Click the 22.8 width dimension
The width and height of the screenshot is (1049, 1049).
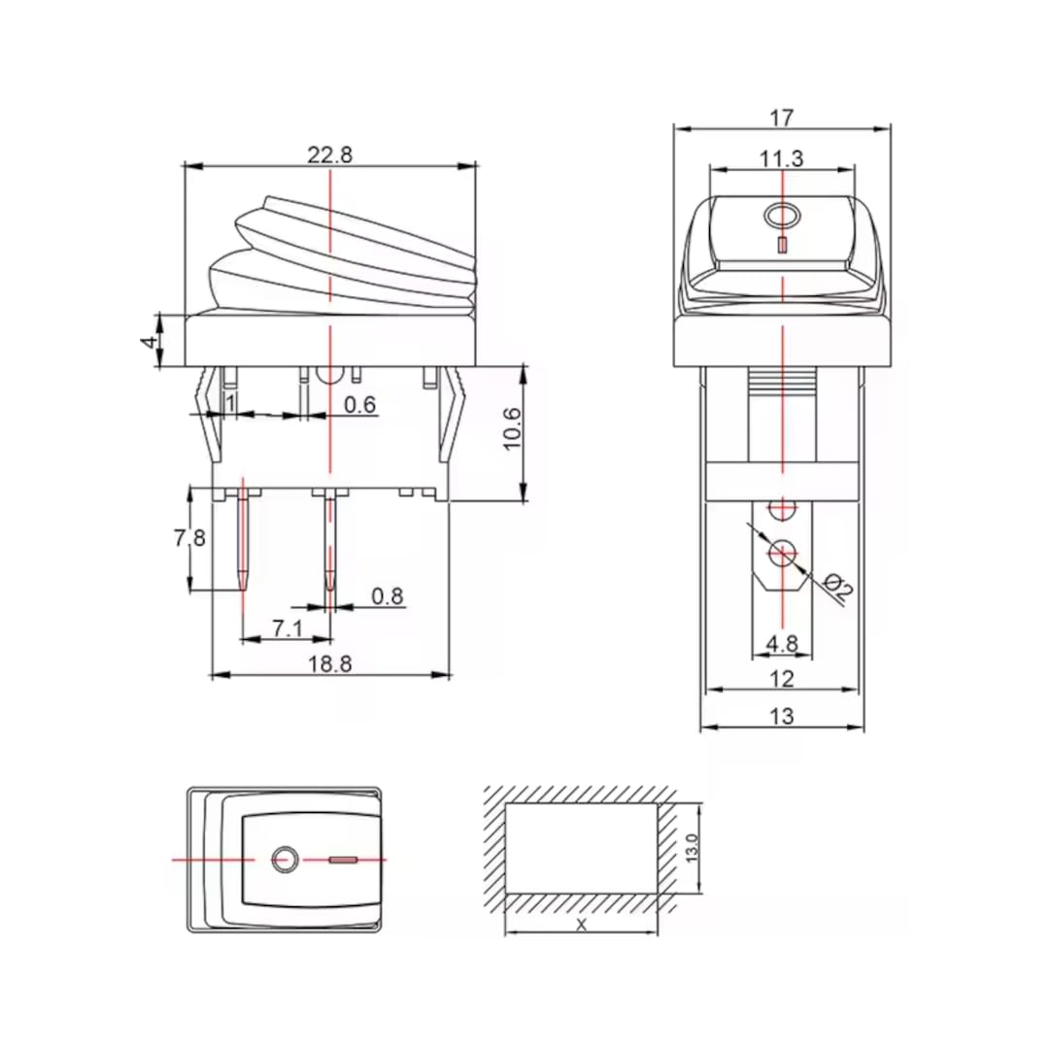[330, 154]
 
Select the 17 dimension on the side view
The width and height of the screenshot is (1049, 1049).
[782, 118]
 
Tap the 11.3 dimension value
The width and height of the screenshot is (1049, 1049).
[782, 159]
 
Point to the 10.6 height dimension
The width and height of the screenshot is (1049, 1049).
[514, 427]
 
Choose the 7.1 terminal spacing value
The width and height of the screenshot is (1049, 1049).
[288, 628]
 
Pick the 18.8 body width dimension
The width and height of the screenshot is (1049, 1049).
[330, 663]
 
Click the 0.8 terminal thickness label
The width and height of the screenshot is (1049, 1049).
[388, 596]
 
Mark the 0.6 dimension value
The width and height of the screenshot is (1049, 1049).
[360, 405]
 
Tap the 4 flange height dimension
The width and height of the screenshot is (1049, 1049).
[149, 341]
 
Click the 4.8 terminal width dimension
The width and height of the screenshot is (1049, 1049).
[782, 643]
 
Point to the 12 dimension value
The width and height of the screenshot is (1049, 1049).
[782, 678]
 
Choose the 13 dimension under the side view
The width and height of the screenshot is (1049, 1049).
[782, 717]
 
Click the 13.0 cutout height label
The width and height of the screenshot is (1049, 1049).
[693, 847]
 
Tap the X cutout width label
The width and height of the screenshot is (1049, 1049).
[582, 925]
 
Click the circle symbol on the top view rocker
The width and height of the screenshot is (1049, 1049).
[284, 860]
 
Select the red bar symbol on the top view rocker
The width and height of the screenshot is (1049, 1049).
[344, 860]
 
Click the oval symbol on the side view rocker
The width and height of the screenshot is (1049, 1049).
[782, 215]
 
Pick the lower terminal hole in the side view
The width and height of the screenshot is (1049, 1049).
[782, 553]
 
